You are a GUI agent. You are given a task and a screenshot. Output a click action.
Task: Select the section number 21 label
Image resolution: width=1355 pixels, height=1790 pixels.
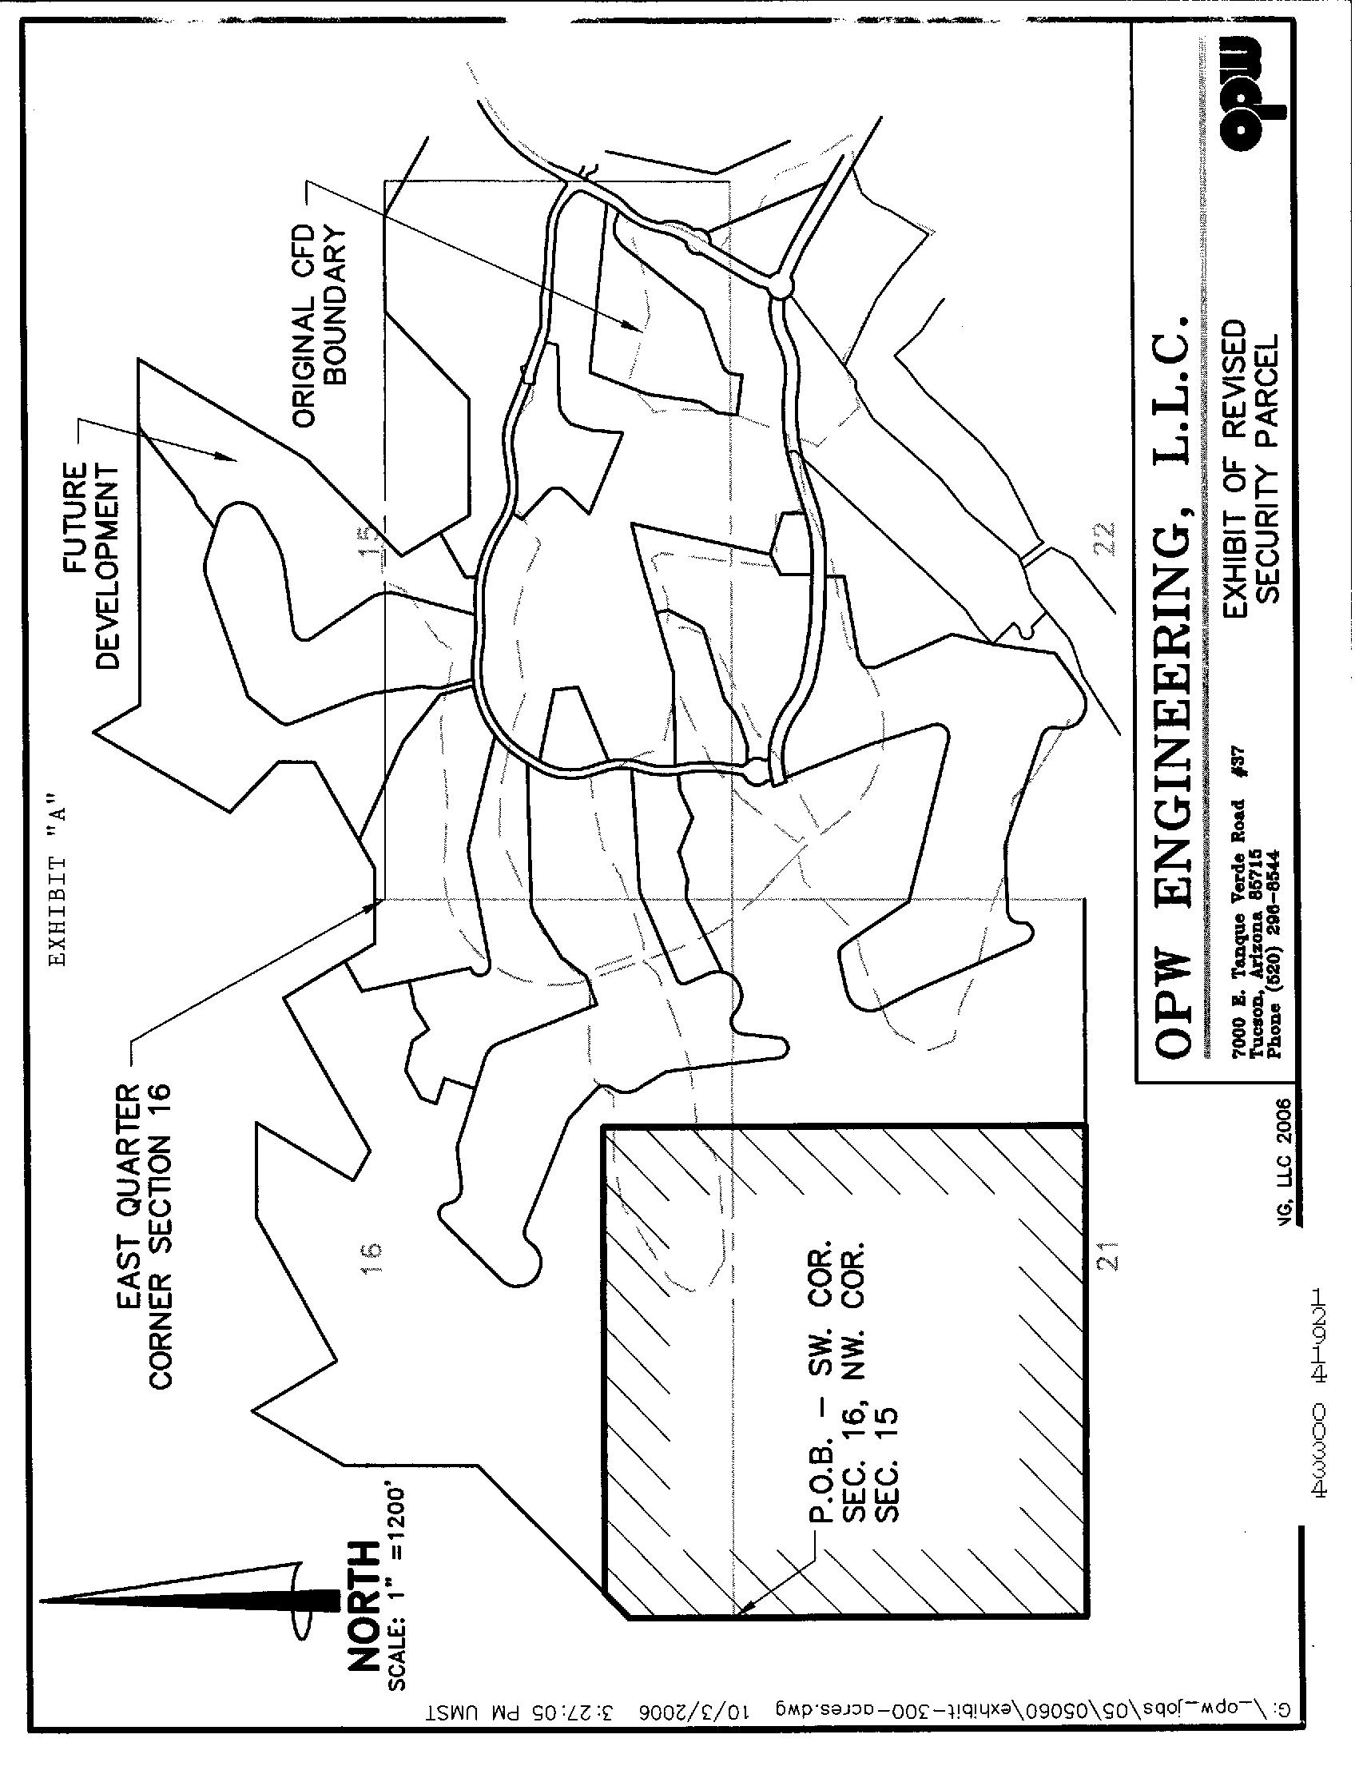pyautogui.click(x=1111, y=1276)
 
